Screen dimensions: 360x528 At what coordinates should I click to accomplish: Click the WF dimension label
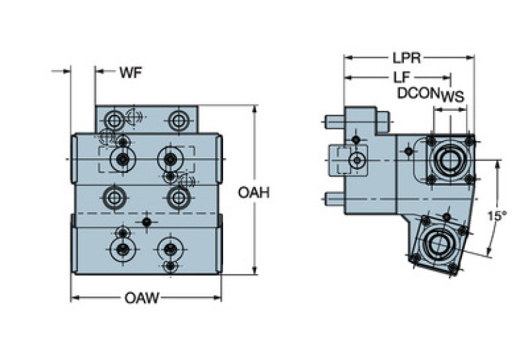click(131, 73)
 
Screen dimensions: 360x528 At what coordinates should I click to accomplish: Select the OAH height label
click(253, 193)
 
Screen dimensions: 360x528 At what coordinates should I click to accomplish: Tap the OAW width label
click(142, 298)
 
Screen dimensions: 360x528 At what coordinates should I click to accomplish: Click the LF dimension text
click(399, 77)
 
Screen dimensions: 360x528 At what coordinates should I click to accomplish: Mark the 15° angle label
click(496, 215)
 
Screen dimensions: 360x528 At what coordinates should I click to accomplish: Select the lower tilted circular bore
click(438, 244)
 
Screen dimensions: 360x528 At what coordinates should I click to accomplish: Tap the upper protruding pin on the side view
click(335, 123)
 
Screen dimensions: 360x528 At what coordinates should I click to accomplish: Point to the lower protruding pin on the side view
click(335, 199)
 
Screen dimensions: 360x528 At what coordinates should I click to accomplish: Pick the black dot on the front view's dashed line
click(147, 222)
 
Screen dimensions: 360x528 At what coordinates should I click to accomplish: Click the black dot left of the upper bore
click(409, 150)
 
